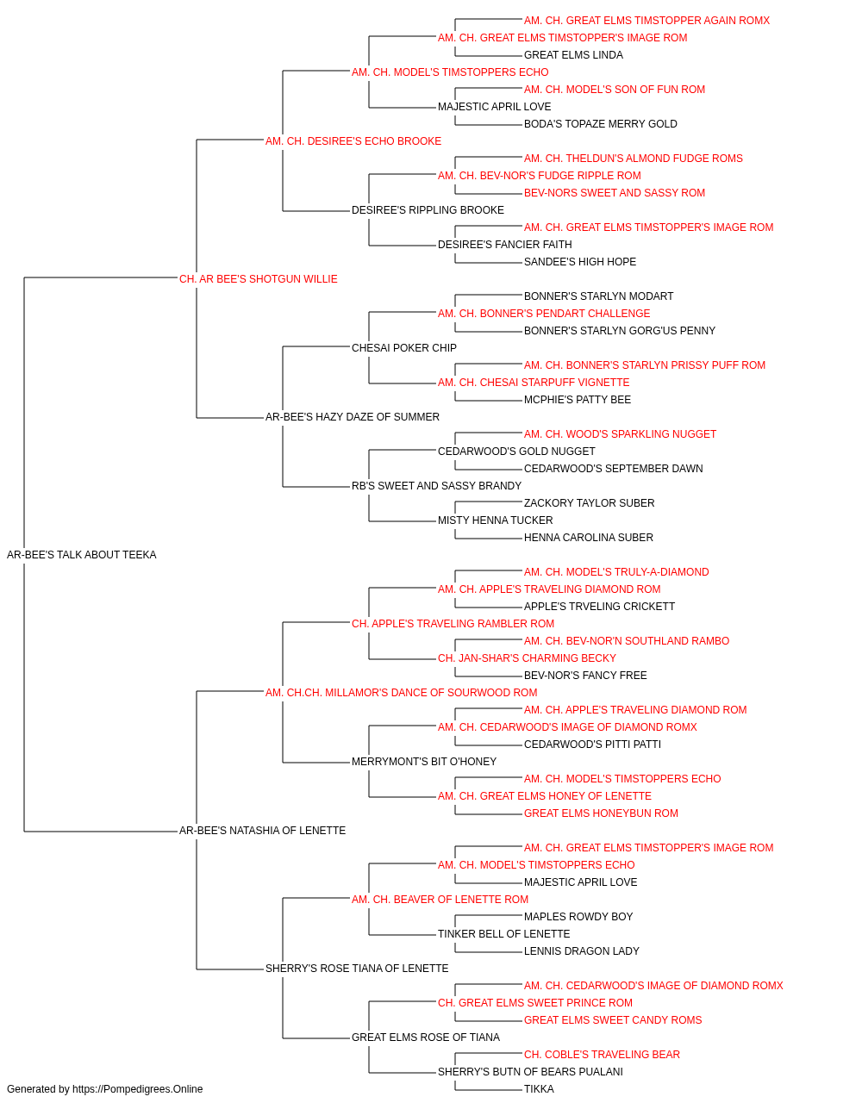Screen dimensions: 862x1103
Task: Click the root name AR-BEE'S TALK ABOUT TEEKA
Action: [x=81, y=555]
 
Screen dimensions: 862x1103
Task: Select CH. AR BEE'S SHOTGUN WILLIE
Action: [x=258, y=279]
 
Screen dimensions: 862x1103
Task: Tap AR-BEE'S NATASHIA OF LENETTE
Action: [x=262, y=831]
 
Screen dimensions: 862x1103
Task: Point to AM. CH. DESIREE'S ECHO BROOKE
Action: [x=353, y=141]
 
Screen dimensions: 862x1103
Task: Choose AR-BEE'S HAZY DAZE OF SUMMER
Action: [x=353, y=417]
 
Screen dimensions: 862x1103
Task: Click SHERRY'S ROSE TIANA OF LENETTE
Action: [x=357, y=969]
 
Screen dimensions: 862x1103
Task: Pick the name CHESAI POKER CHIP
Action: [x=404, y=348]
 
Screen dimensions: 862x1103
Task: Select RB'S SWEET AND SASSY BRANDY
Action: [x=436, y=486]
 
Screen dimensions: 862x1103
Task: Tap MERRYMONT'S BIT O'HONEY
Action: [x=424, y=762]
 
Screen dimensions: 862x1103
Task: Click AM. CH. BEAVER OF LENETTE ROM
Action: [x=440, y=900]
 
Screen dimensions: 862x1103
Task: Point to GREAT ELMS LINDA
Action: [x=573, y=55]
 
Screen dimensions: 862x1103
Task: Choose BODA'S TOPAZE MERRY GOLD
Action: [x=600, y=124]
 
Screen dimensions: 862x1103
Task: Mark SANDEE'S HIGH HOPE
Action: [x=580, y=262]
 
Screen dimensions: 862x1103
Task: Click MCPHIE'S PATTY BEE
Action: [x=578, y=400]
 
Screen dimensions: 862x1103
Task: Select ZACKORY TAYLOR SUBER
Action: [x=589, y=503]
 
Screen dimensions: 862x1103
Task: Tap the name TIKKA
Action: [x=539, y=1089]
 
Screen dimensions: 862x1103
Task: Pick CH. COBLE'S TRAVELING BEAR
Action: [x=602, y=1054]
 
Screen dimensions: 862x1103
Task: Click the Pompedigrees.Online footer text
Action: [x=104, y=1089]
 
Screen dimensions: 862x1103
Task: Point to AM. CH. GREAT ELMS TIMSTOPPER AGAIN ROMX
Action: [x=646, y=21]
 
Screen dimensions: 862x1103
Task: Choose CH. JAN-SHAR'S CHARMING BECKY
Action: [x=527, y=657]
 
